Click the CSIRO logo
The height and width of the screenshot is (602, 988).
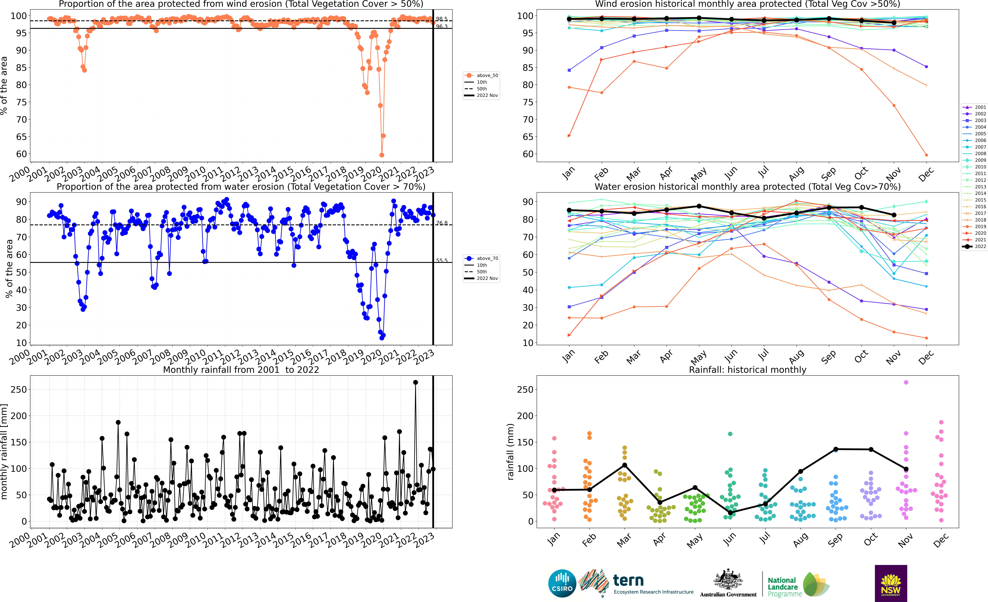pyautogui.click(x=562, y=583)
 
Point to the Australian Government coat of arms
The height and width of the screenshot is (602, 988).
pyautogui.click(x=728, y=580)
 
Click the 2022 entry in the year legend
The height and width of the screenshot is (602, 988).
pyautogui.click(x=980, y=246)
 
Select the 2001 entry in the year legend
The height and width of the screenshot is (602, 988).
pyautogui.click(x=980, y=107)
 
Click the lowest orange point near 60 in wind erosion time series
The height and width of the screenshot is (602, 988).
pyautogui.click(x=382, y=155)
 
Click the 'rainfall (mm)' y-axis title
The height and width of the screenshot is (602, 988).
pyautogui.click(x=510, y=452)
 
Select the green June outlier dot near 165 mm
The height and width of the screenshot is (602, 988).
pyautogui.click(x=730, y=434)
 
